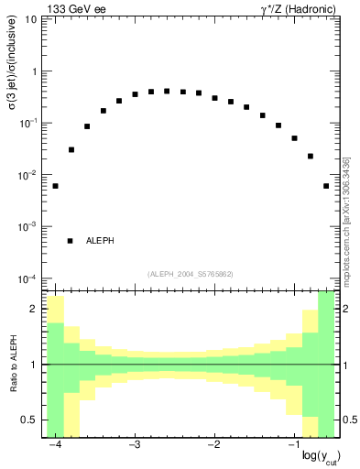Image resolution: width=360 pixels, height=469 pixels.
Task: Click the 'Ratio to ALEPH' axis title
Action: [x=13, y=365]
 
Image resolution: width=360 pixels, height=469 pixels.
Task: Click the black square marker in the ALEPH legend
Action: [x=70, y=241]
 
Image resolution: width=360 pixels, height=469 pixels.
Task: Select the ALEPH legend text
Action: [x=100, y=241]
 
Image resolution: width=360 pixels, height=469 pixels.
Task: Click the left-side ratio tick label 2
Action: [x=34, y=310]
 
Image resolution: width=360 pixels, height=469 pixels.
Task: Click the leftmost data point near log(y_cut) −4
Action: [x=55, y=186]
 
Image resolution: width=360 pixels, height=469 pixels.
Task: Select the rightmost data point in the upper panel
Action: [x=326, y=186]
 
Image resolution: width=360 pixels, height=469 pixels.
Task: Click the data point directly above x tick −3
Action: [x=135, y=94]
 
